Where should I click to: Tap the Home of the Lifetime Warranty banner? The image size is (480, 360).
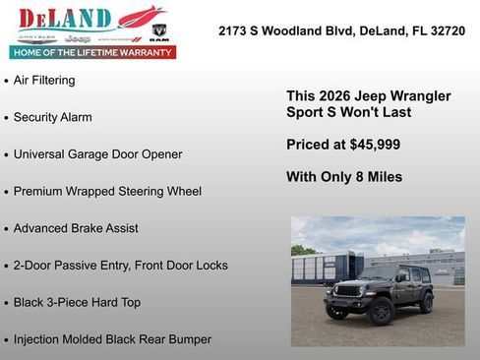91,51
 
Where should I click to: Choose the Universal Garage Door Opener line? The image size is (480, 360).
97,154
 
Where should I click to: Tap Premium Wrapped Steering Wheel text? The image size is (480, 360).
107,191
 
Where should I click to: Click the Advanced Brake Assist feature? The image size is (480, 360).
76,228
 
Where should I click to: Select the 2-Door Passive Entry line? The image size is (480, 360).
120,266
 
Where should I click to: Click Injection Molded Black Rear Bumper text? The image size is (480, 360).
112,339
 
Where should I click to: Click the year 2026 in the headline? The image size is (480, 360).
330,96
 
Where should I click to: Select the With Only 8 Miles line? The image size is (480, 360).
343,177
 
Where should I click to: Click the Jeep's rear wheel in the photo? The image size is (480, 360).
427,303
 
